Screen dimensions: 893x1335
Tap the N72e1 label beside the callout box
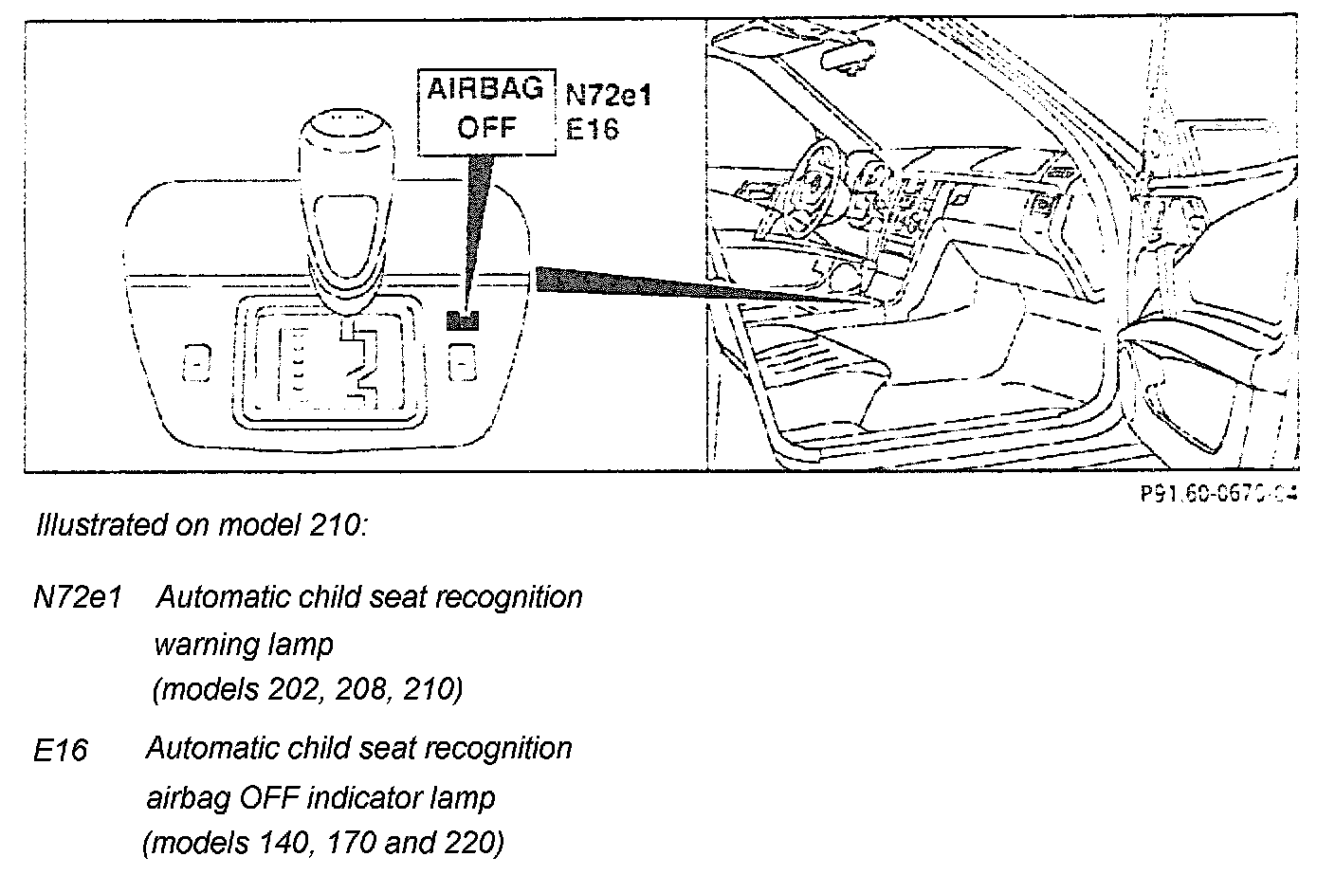tap(610, 94)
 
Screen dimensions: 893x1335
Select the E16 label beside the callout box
tap(592, 128)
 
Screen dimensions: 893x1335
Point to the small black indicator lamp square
tap(462, 319)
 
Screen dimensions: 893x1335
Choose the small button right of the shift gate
tap(462, 361)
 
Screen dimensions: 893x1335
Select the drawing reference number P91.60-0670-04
tap(1218, 493)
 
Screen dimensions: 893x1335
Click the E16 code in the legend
tap(61, 751)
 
